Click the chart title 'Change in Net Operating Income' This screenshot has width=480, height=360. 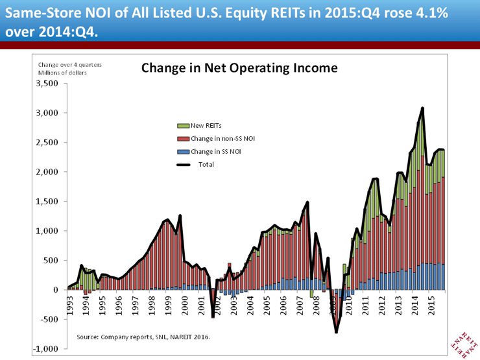pyautogui.click(x=239, y=67)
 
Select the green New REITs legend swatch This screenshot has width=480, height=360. pyautogui.click(x=180, y=126)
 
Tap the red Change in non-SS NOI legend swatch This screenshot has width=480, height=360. pyautogui.click(x=180, y=138)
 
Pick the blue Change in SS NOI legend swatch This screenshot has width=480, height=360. pyautogui.click(x=180, y=151)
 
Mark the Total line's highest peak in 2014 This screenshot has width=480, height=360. pyautogui.click(x=422, y=108)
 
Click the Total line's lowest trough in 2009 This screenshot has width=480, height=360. pyautogui.click(x=337, y=332)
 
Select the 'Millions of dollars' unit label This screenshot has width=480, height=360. pyautogui.click(x=62, y=72)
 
